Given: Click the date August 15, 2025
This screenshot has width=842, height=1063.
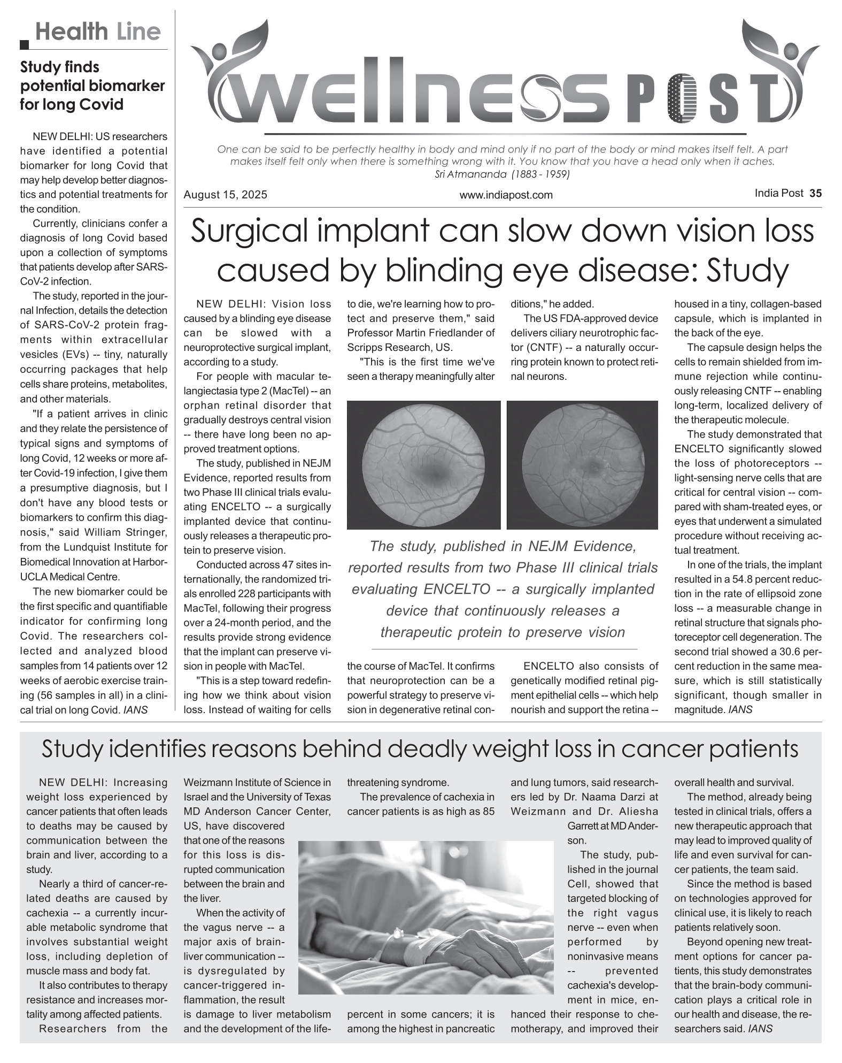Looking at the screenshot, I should [x=225, y=195].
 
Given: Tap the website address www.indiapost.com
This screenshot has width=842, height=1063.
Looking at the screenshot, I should [x=506, y=195].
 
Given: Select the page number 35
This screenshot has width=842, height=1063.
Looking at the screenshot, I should [x=815, y=193].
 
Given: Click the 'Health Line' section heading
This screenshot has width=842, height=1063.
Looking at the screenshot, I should [x=98, y=32].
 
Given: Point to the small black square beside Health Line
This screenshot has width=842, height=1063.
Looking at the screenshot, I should [x=25, y=45].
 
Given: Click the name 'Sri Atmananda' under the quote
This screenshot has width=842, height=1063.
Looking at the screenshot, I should [x=462, y=174].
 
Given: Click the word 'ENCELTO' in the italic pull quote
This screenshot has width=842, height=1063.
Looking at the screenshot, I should [x=457, y=589].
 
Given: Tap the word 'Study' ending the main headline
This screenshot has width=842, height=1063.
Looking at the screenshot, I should [x=748, y=271].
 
